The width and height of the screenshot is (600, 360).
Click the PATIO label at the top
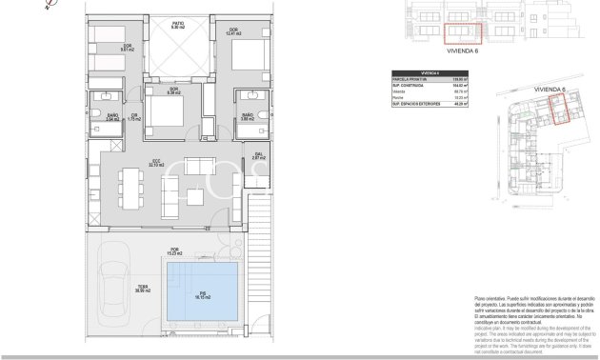(178, 26)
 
